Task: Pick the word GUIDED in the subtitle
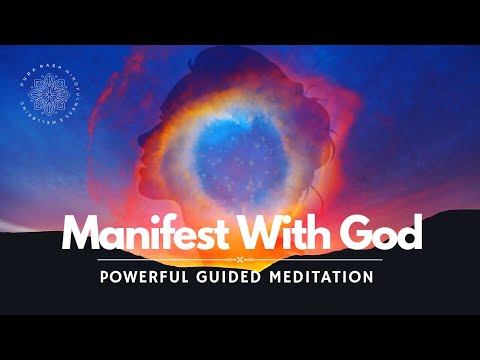(x=235, y=275)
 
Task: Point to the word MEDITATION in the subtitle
(x=321, y=275)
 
